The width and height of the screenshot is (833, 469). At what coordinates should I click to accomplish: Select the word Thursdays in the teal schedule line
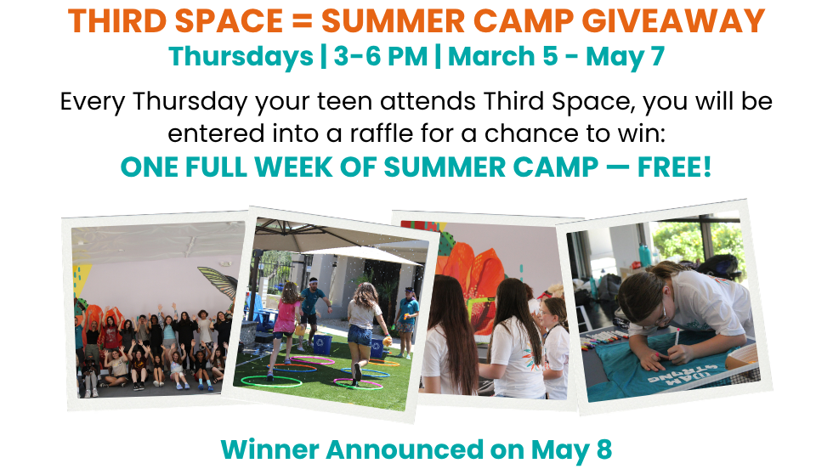coord(241,58)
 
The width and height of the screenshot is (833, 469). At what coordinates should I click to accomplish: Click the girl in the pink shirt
coord(287,314)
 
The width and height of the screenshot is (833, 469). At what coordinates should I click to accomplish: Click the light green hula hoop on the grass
coord(277,381)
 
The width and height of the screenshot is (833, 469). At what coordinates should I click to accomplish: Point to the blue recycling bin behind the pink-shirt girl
coord(322,342)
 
